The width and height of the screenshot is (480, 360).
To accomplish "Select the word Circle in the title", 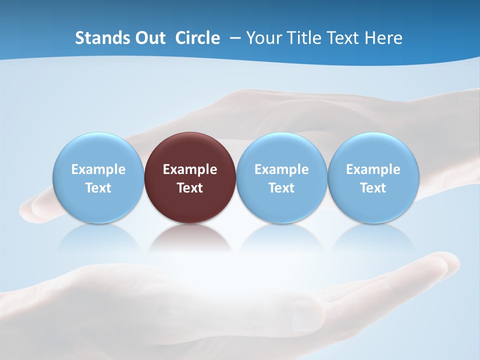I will tap(197, 38).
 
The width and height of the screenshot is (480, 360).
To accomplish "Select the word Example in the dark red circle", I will tap(190, 169).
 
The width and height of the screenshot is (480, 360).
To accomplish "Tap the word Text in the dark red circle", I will tap(190, 188).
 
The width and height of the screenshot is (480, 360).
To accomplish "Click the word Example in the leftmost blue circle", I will tap(98, 169).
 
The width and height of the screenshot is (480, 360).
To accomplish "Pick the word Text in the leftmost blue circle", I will tap(98, 188).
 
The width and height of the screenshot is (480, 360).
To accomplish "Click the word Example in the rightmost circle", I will tap(373, 169).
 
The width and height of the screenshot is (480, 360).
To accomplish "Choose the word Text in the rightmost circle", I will tap(373, 188).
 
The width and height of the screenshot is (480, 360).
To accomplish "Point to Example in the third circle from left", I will tap(281, 169).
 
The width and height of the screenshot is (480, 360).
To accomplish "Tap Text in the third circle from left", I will tap(281, 188).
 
